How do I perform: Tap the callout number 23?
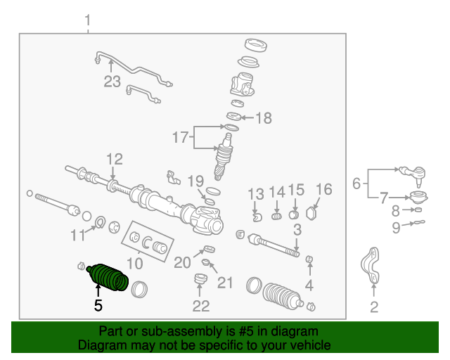pos(112,82)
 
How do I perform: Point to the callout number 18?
pos(263,118)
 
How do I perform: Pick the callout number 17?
pos(181,138)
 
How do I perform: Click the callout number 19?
pos(195,181)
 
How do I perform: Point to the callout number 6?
pos(356,184)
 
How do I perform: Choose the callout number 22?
pos(201,306)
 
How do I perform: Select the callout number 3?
pos(297,229)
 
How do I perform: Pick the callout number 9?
pos(396,226)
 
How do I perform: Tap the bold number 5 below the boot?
pos(98,305)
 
